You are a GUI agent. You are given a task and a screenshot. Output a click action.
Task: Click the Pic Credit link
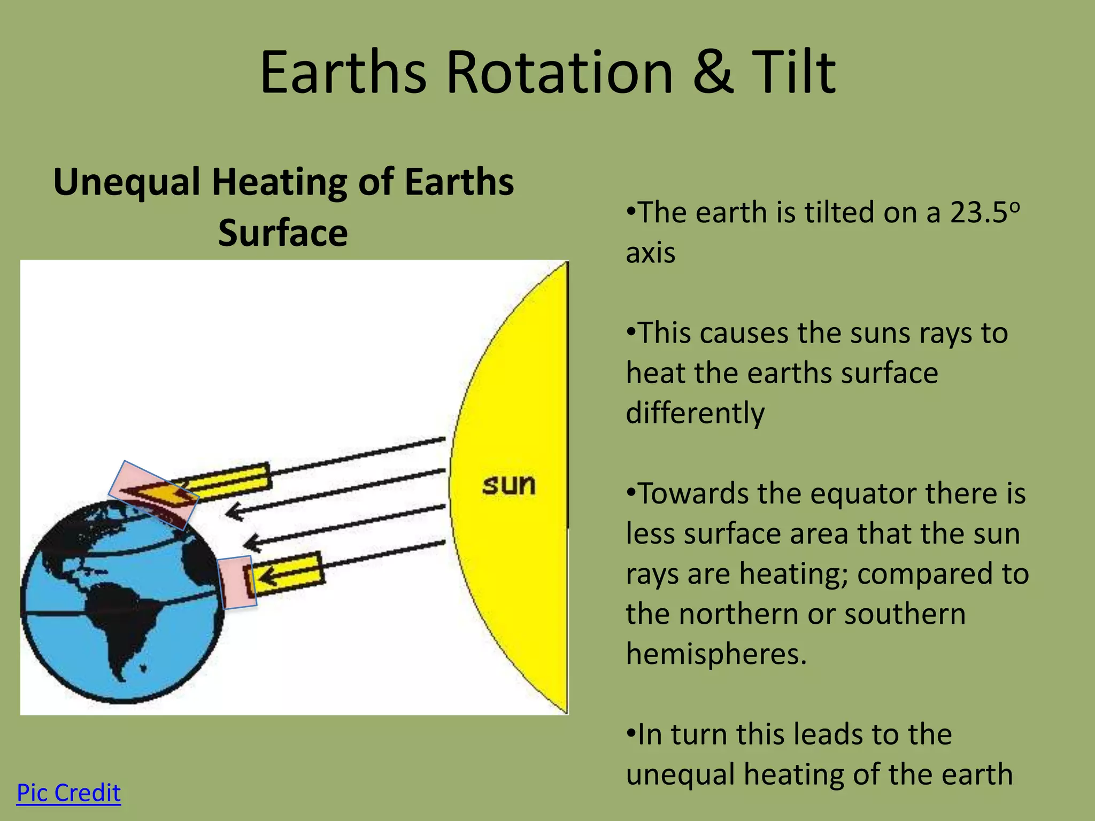[x=68, y=793]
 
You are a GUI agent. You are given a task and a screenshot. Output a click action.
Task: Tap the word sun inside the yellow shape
[x=508, y=485]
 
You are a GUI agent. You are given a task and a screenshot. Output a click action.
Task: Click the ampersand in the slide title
[x=713, y=72]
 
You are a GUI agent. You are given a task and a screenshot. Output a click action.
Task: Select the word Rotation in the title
[x=559, y=72]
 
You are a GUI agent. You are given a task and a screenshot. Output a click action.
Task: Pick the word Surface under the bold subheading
[x=283, y=233]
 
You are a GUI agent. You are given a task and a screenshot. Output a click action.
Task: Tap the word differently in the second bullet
[x=695, y=413]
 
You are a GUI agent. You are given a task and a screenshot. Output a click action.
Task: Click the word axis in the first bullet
[x=650, y=253]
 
